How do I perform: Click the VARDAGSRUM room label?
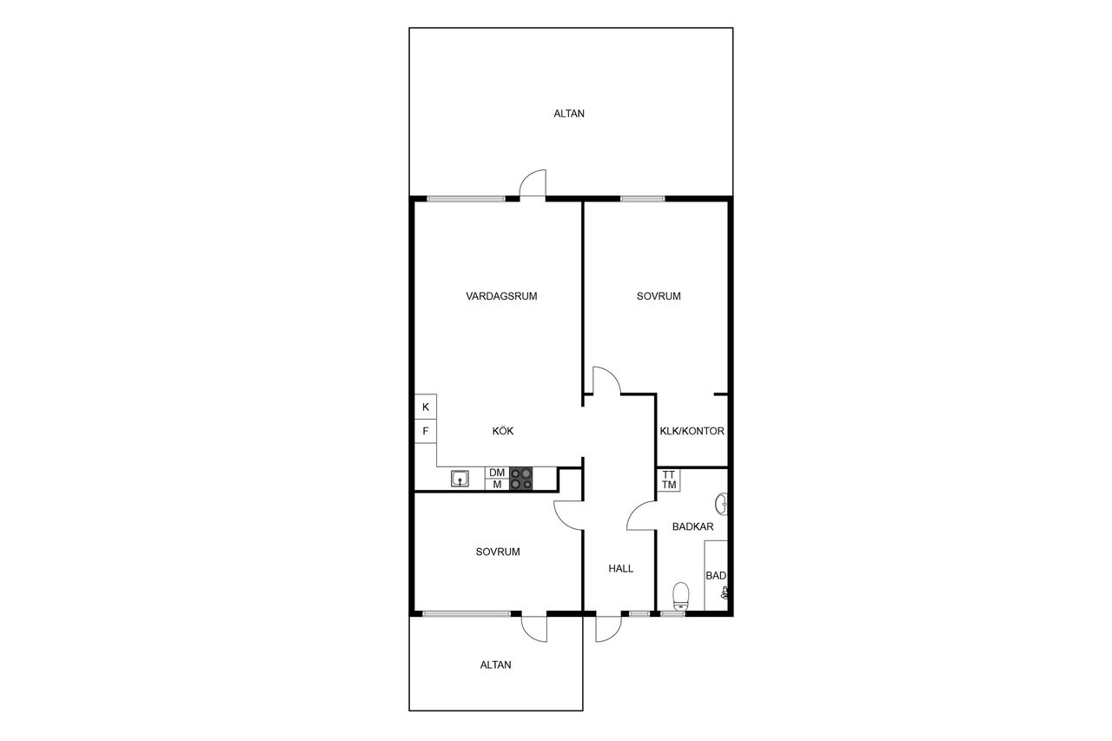[x=501, y=296]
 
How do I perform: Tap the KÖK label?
[x=503, y=431]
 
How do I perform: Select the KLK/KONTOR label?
[x=692, y=431]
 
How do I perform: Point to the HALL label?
[x=621, y=569]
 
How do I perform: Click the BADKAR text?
[x=693, y=526]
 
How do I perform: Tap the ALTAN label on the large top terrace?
[x=569, y=114]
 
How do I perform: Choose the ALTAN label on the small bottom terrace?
[x=495, y=665]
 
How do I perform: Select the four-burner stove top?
[x=521, y=479]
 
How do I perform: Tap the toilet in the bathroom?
[x=680, y=597]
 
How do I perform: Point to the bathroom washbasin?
[x=722, y=504]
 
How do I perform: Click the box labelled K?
[x=426, y=407]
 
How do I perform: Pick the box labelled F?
[x=426, y=431]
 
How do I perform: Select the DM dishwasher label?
[x=497, y=473]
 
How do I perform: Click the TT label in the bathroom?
[x=669, y=475]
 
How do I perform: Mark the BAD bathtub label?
[x=716, y=576]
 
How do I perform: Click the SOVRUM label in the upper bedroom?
[x=659, y=296]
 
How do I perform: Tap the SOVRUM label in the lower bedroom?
[x=498, y=552]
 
